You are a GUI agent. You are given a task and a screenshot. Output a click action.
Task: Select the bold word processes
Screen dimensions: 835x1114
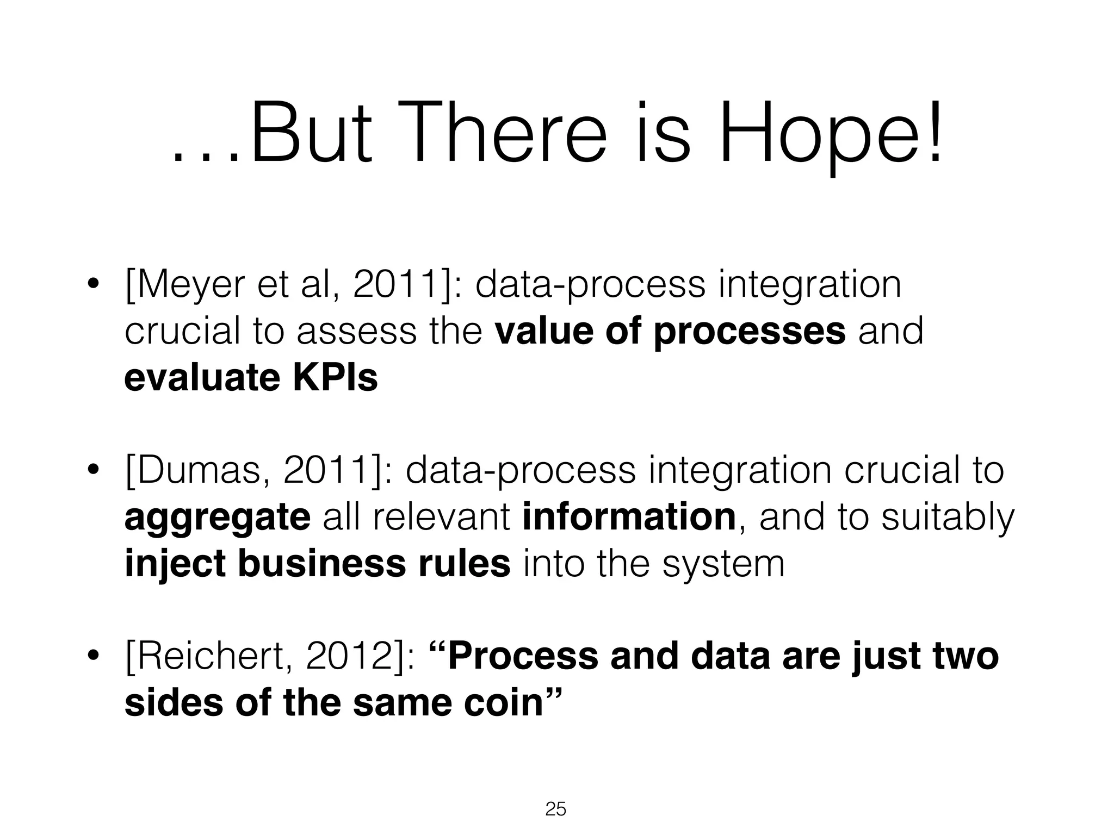(749, 331)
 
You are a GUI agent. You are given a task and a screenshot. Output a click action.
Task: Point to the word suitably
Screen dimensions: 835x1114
(948, 518)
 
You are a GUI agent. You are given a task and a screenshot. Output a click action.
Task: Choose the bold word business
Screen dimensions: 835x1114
(321, 564)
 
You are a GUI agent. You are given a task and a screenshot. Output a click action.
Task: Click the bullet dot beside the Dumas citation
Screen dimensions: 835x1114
(94, 470)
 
